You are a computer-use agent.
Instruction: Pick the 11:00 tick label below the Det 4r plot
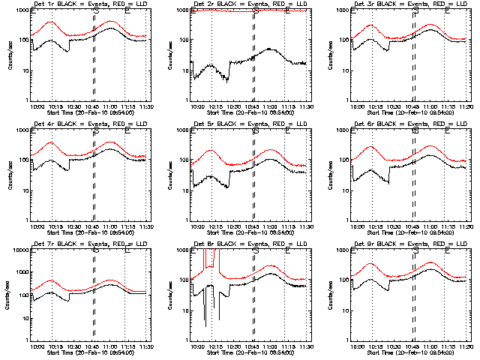[110, 227]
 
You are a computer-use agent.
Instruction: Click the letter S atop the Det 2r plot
[256, 10]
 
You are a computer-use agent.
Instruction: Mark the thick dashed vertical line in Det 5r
[254, 172]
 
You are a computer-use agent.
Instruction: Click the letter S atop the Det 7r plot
[95, 250]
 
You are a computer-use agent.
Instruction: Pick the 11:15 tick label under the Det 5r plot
[287, 227]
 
